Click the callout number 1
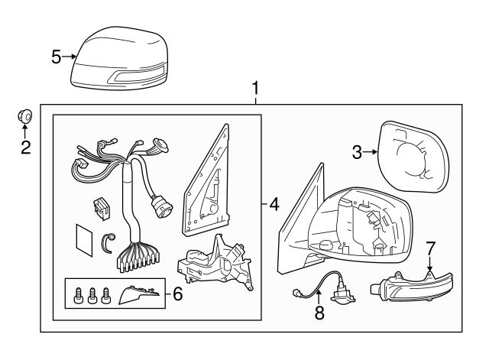255,89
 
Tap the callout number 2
26,148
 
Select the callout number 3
358,152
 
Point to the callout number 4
274,205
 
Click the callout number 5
56,57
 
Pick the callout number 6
178,294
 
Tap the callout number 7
430,248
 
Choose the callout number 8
319,313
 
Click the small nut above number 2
24,116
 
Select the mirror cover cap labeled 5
120,59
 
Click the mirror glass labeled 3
413,157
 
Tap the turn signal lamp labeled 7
411,287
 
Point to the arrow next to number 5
70,57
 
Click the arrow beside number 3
371,152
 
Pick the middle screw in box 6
92,295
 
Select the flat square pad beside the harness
84,239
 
